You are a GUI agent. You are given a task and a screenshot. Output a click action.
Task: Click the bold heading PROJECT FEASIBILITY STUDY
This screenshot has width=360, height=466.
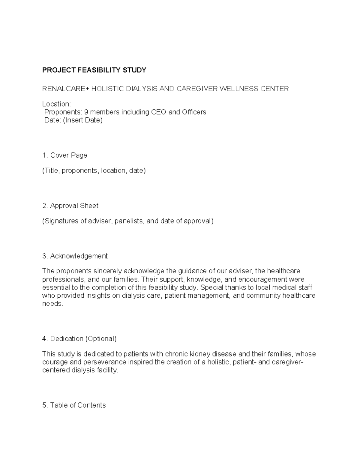point(94,70)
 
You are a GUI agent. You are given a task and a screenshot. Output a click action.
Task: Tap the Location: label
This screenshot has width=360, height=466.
point(56,104)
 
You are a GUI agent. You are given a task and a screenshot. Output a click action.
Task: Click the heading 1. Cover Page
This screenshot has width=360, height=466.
point(64,155)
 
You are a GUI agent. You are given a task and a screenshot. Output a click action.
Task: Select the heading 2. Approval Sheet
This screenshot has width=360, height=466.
point(70,206)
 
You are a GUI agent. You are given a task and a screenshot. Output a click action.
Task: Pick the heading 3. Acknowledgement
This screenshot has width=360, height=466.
point(75,256)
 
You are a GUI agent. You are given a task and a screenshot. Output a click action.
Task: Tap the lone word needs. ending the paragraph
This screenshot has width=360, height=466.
point(53,304)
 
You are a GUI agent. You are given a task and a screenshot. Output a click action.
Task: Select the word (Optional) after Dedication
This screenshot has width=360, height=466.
point(101,339)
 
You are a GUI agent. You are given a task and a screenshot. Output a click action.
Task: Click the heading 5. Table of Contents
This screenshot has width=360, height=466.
point(74,405)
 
